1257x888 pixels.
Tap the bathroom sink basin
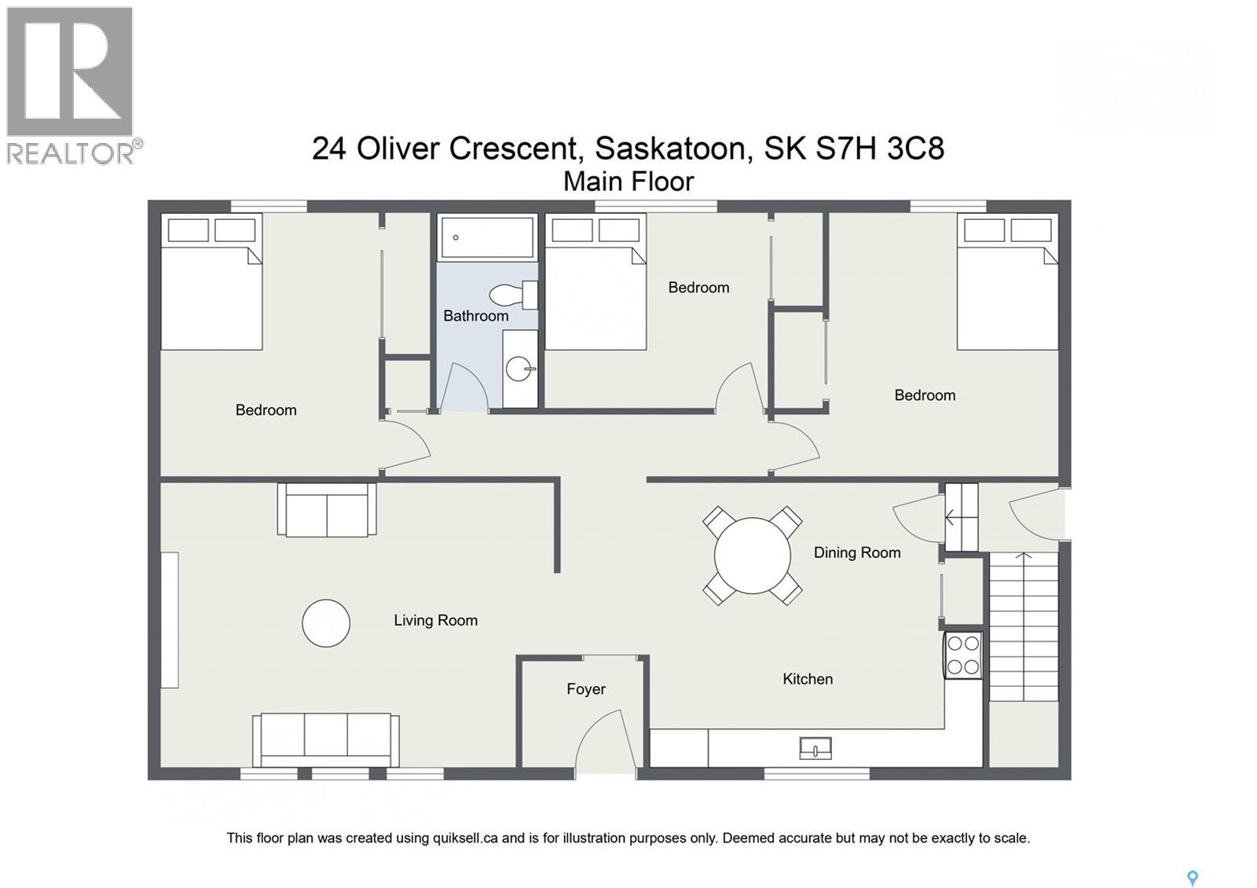519,368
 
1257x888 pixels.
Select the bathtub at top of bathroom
487,237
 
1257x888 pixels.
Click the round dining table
752,556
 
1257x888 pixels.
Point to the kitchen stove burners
963,655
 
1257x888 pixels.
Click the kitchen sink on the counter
815,747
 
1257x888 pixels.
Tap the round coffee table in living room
326,623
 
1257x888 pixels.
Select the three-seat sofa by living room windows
326,739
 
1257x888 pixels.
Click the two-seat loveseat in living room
327,511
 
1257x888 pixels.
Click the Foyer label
586,689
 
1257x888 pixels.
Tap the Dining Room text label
857,552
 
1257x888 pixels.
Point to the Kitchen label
808,679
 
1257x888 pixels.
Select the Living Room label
435,620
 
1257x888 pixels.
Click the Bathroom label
475,316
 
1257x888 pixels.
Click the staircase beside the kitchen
1023,626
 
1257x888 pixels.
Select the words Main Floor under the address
628,182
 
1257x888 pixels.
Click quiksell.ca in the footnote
464,838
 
